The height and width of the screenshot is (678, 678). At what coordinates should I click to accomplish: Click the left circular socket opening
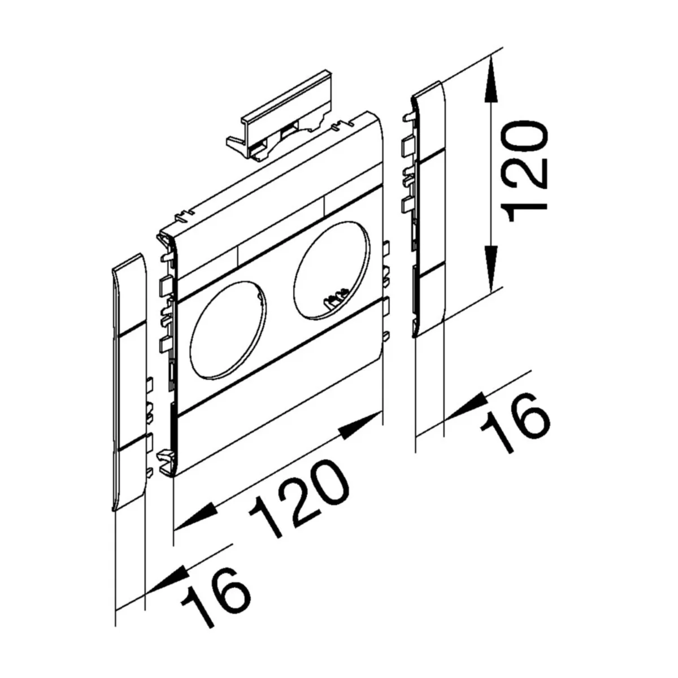click(228, 331)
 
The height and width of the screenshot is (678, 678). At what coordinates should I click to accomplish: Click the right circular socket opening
click(332, 271)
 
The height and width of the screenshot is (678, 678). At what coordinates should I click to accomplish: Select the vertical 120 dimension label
click(524, 172)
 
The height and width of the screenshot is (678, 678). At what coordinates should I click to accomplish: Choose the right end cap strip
click(428, 210)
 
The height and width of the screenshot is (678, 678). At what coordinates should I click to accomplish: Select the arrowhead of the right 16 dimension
click(466, 407)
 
